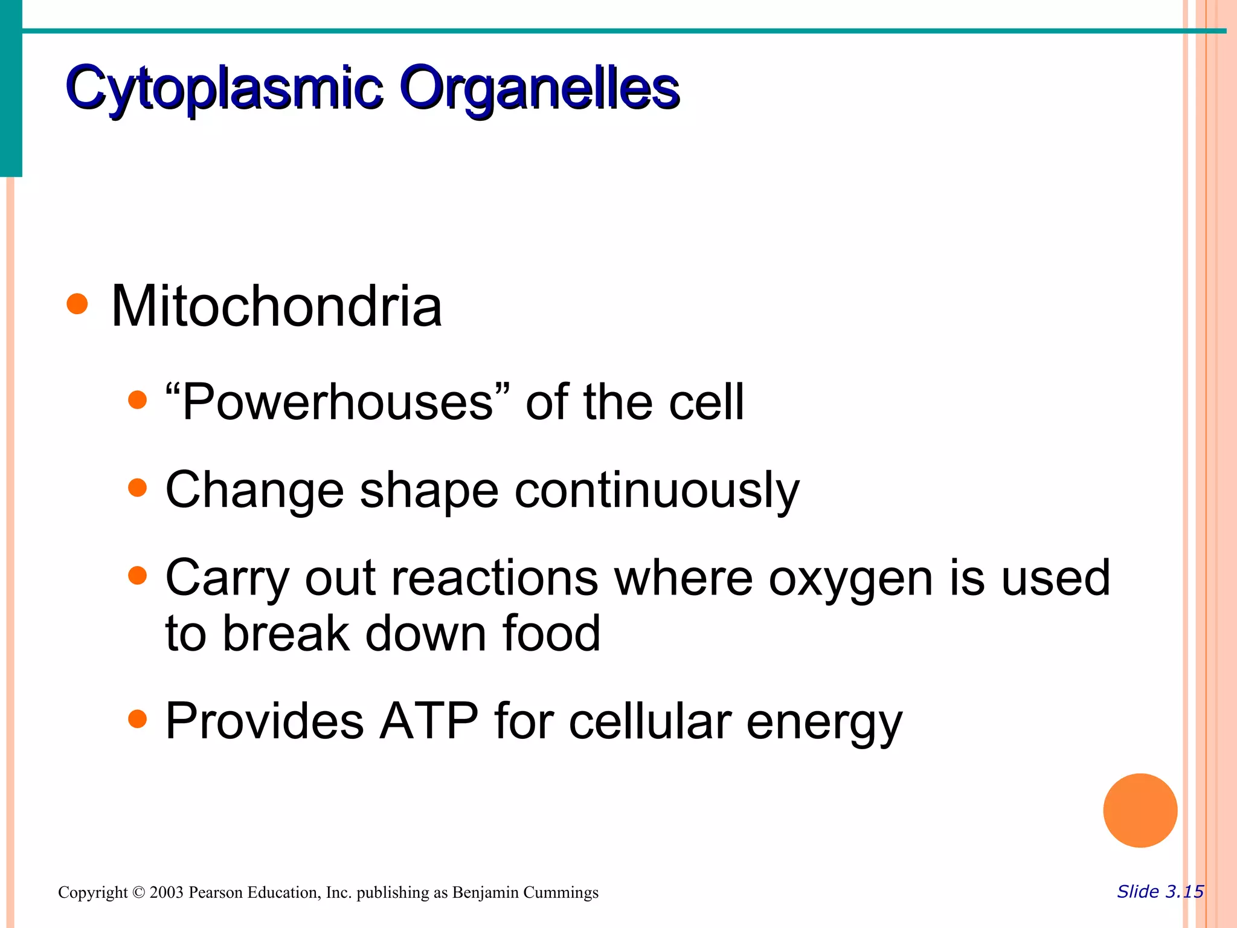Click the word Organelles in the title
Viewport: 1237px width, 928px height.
tap(539, 89)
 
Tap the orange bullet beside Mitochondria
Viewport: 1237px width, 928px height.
tap(77, 304)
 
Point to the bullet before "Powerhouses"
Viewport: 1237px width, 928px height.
tap(138, 400)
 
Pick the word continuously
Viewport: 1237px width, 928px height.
tap(657, 491)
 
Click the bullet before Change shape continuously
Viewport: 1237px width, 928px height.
tap(138, 488)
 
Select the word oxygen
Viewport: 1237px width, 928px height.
tap(851, 579)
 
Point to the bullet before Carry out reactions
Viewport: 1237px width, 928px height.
tap(138, 575)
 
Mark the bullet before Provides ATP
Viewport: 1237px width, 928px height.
tap(138, 719)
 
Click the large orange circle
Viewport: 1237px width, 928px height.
tap(1140, 810)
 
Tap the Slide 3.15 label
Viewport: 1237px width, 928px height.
tap(1160, 892)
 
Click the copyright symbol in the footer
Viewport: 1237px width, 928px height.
tap(138, 892)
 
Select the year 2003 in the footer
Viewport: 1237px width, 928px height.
tap(166, 892)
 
